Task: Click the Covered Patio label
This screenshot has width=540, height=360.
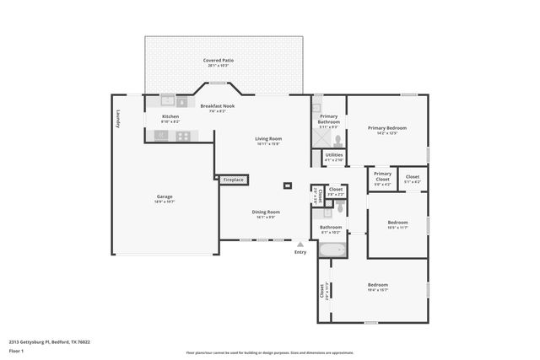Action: tap(223, 62)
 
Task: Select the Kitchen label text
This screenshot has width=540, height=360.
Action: tap(170, 117)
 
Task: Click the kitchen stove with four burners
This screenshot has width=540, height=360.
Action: tap(182, 135)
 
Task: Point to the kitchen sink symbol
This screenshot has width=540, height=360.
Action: tap(169, 99)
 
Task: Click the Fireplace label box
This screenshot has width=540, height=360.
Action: tap(233, 180)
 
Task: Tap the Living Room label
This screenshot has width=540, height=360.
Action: tap(268, 140)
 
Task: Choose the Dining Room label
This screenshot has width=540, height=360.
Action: tap(266, 213)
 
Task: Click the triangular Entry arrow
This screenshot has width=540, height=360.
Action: tap(300, 244)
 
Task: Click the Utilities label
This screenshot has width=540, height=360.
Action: tap(334, 157)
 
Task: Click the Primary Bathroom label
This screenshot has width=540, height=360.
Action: tap(328, 120)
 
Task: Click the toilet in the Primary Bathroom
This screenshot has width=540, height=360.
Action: tap(336, 140)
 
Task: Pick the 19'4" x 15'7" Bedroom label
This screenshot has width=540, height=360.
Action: tap(377, 287)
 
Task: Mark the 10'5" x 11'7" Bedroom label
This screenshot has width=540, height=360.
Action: tap(397, 225)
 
